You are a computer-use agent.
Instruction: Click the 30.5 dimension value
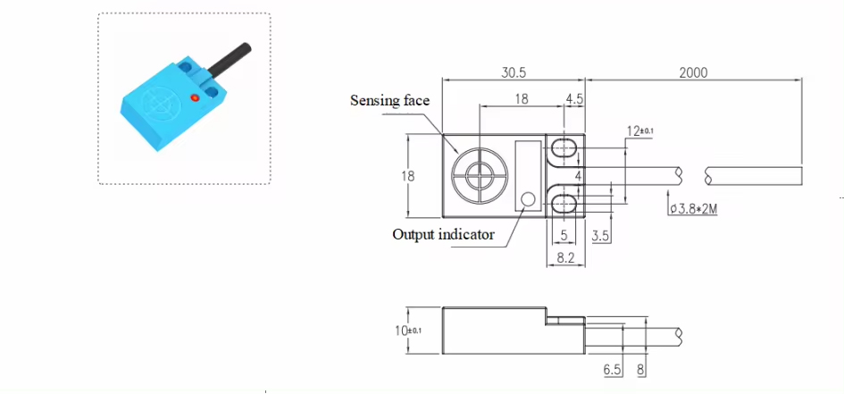514,72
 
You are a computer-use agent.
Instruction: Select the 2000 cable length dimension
692,72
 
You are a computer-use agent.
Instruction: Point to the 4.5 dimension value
573,100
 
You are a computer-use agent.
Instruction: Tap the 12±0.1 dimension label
639,131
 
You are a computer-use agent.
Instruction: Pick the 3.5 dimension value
601,235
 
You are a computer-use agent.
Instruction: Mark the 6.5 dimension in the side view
612,368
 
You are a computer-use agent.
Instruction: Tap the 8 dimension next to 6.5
640,368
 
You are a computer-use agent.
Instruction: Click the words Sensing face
389,101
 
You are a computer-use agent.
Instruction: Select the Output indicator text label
443,234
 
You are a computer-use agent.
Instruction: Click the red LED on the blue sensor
195,96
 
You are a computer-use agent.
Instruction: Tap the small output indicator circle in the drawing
528,200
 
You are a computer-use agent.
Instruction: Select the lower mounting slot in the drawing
564,205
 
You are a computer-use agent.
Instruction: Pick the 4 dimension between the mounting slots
578,175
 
